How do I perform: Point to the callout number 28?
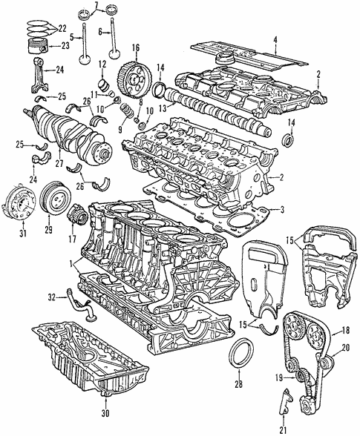[238, 384]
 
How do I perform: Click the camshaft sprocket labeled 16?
[131, 74]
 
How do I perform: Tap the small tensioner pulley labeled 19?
[301, 379]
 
